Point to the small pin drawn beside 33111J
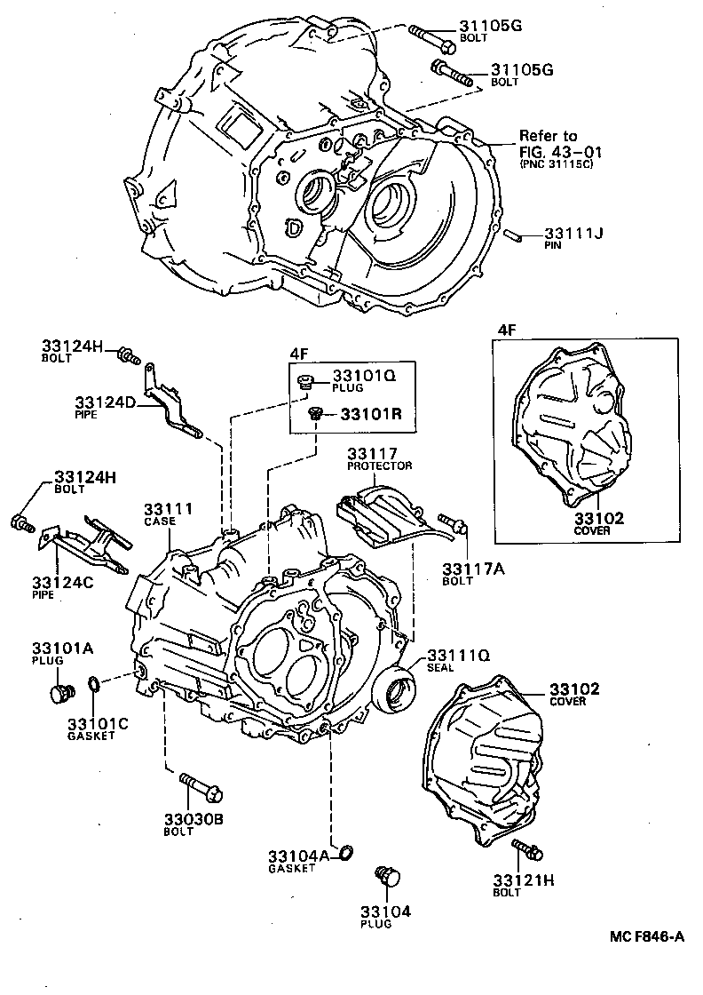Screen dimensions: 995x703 pos(512,235)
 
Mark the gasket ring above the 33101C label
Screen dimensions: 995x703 pos(93,684)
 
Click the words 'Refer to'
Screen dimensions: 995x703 pos(548,136)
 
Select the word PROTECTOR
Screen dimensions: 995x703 pos(380,466)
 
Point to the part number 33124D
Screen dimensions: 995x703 pos(105,402)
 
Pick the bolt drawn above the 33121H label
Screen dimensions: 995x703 pos(527,849)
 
